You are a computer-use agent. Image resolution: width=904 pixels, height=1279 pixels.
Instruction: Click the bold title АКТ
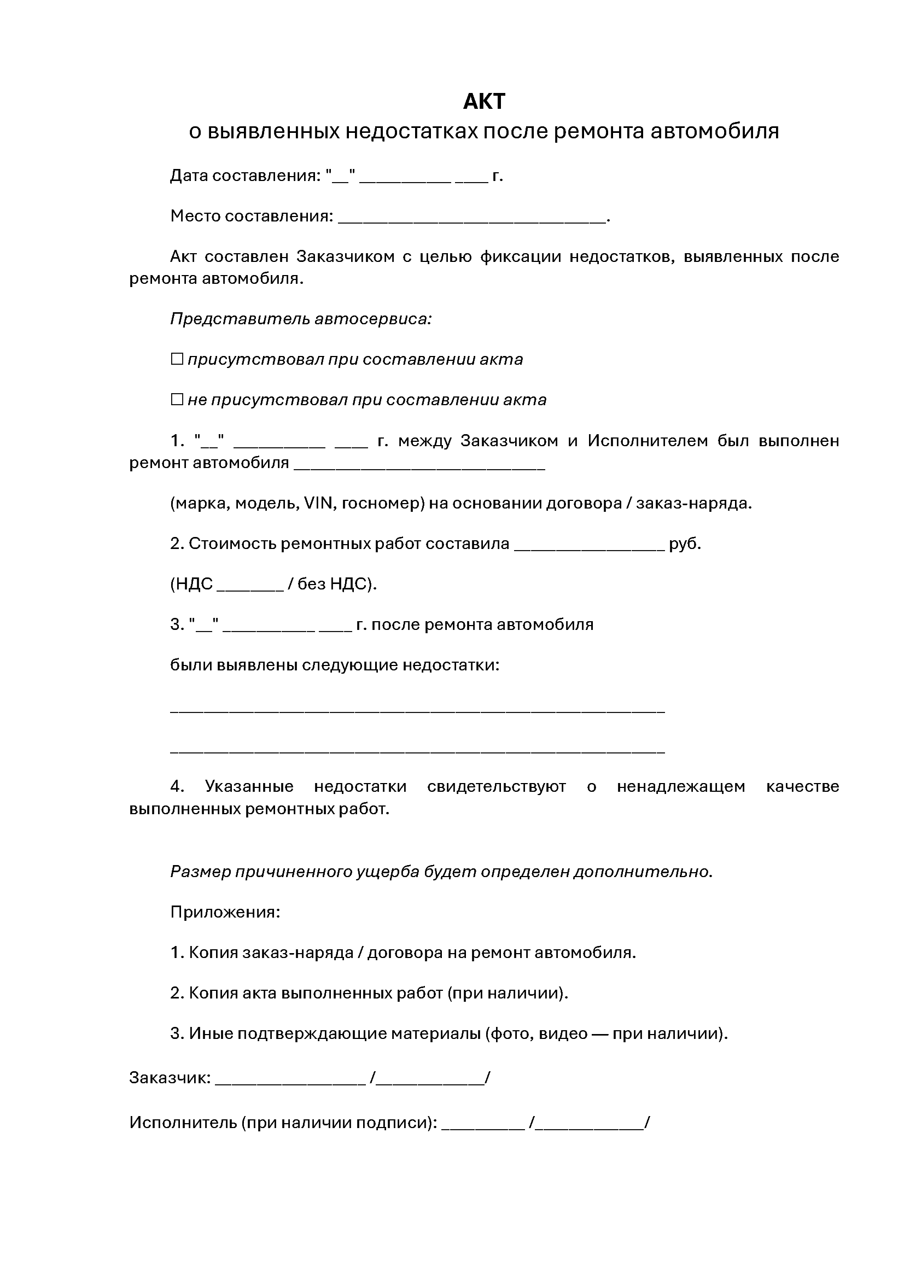(484, 101)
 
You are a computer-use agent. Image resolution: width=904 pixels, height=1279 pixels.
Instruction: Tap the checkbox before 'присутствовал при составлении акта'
(177, 359)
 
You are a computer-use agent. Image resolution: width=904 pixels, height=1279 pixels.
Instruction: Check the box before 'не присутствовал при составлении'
(177, 399)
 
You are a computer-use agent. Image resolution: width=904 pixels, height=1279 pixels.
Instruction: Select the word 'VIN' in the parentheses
(319, 504)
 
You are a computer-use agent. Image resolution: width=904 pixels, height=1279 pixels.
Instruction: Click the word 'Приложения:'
(225, 912)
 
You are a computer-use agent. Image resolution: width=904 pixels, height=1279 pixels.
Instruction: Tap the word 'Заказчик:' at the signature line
(170, 1078)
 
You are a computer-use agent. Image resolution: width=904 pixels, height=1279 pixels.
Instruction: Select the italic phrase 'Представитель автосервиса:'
(301, 319)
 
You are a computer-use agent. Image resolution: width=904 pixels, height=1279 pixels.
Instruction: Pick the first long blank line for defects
(417, 711)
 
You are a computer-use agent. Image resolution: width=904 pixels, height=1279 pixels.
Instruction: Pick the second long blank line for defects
(417, 752)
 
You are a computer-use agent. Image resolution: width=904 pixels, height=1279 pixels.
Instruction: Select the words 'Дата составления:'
(246, 176)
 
